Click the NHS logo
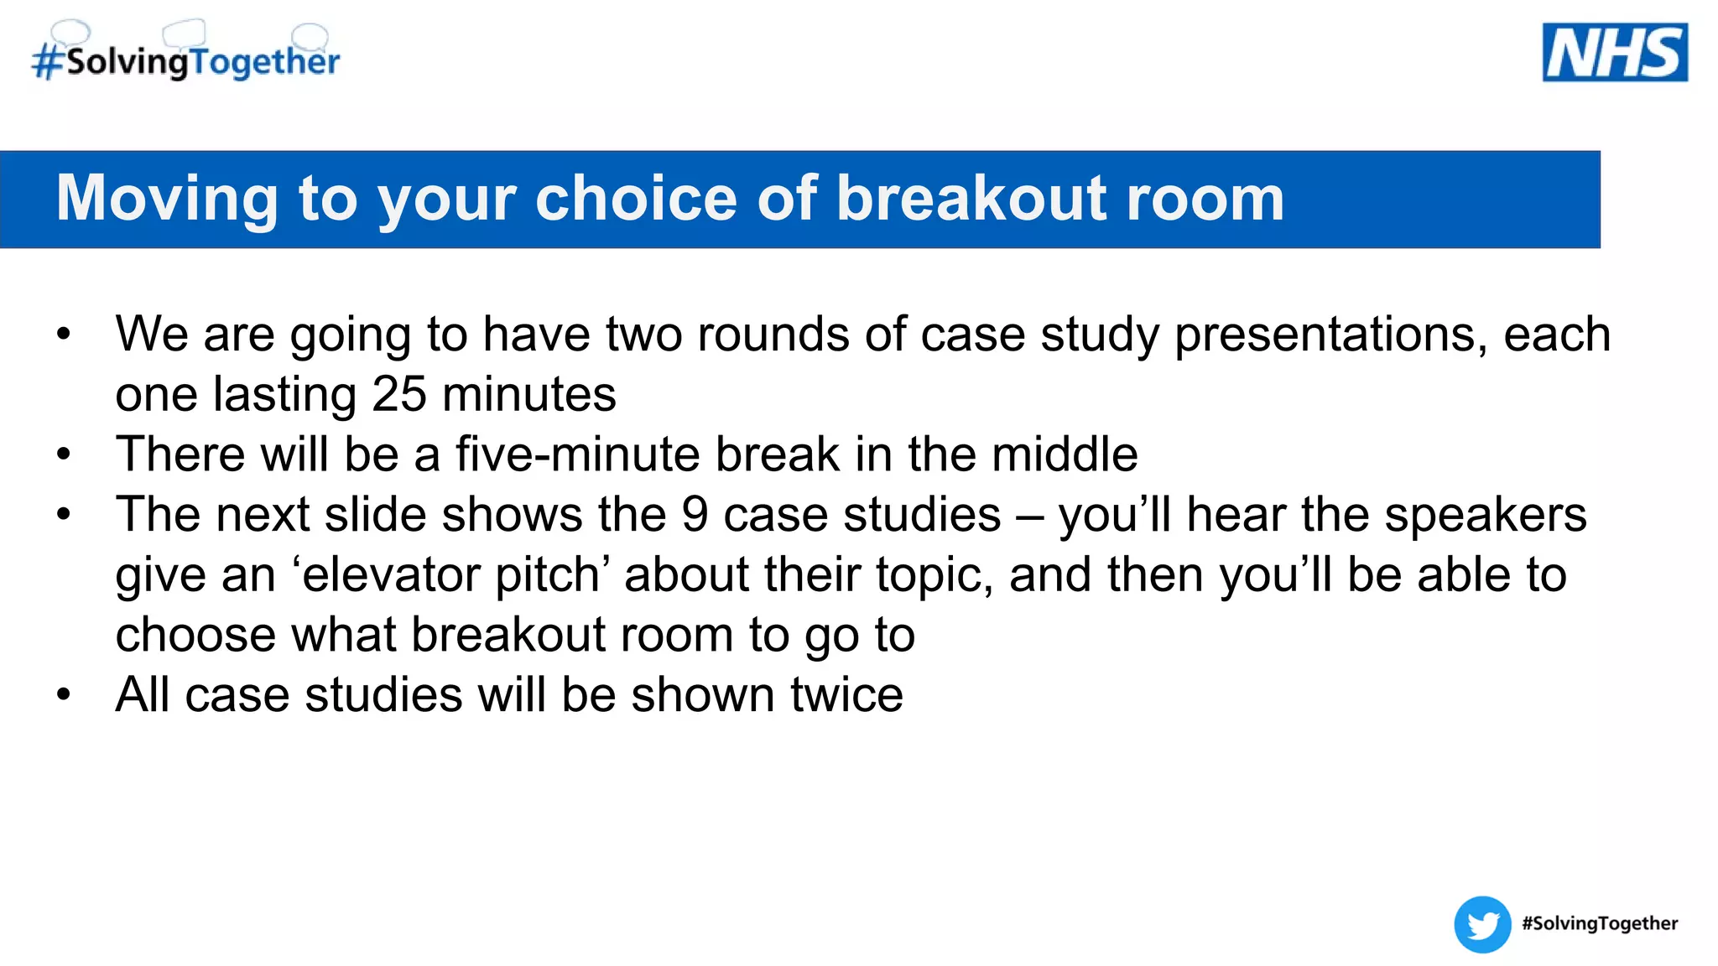(x=1614, y=53)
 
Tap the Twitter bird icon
(x=1482, y=924)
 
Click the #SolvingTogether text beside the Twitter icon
(x=1599, y=923)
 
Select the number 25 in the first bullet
(x=398, y=393)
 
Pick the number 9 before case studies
(x=695, y=514)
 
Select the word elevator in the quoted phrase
(x=391, y=574)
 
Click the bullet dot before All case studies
(x=64, y=695)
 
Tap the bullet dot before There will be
(x=64, y=455)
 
